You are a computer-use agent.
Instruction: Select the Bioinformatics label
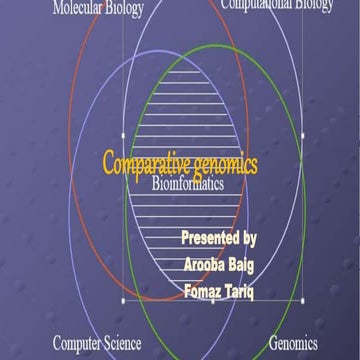[x=187, y=183]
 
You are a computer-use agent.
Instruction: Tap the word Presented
[x=210, y=239]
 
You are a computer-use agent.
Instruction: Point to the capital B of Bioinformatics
[x=155, y=183]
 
